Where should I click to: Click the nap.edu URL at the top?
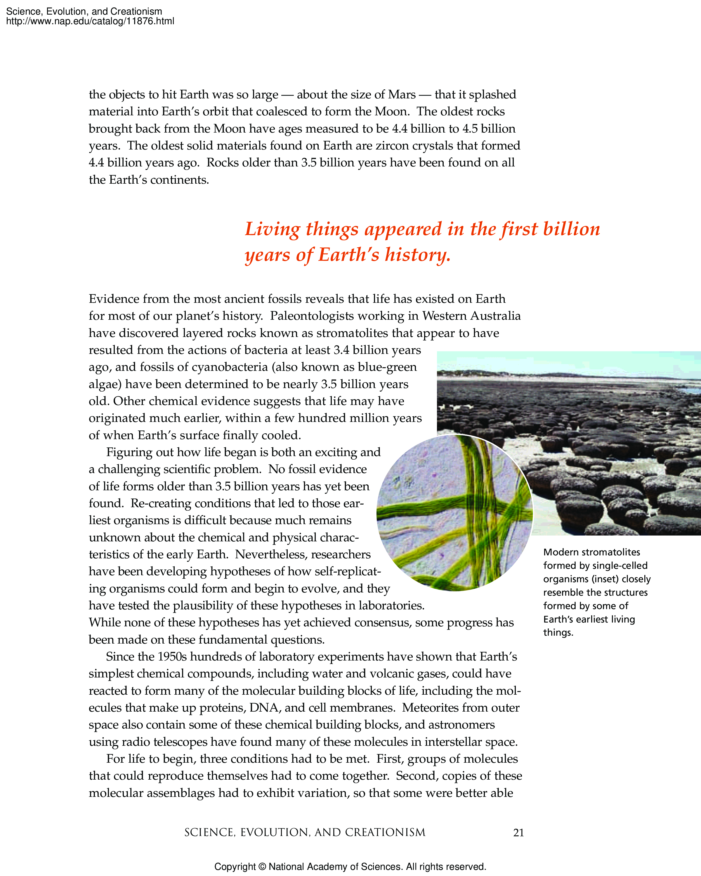(90, 21)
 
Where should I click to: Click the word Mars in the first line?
(402, 95)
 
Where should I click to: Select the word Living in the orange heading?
(272, 230)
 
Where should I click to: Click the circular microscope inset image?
(454, 513)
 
